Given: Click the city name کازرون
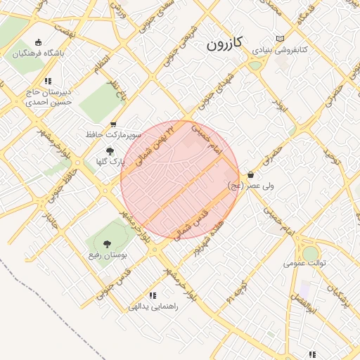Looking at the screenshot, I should [224, 44].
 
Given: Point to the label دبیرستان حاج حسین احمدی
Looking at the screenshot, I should [50, 96].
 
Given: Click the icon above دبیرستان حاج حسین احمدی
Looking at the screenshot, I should [48, 81].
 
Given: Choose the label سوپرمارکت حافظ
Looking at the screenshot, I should [114, 134].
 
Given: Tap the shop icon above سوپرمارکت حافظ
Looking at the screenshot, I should [113, 124].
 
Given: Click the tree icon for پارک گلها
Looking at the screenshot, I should [109, 150].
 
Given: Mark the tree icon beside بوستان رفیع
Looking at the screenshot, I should [108, 244].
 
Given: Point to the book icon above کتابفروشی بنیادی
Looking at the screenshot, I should [281, 39].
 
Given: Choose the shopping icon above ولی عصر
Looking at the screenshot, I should [251, 174].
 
